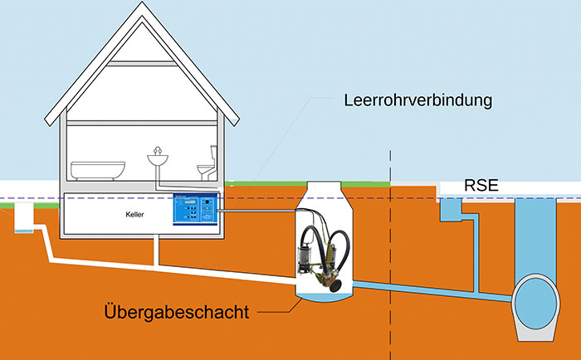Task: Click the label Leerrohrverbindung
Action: (x=418, y=102)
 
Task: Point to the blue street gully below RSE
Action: (x=453, y=211)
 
